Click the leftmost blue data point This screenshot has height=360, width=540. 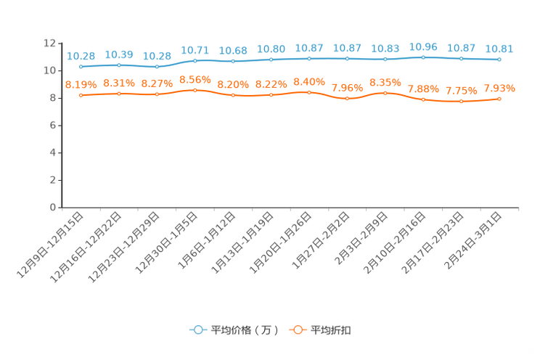[81, 66]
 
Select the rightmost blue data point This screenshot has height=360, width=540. [499, 60]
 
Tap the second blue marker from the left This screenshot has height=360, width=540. [119, 65]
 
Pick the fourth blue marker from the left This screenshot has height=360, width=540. [195, 60]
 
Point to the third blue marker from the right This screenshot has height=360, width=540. [423, 57]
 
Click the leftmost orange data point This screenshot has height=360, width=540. [81, 95]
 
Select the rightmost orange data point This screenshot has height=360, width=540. [499, 99]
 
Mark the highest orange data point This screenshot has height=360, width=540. [195, 90]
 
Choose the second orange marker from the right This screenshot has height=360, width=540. [461, 102]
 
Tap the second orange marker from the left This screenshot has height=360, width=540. [119, 94]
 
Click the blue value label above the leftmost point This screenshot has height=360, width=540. [81, 55]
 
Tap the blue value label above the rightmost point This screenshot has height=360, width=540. [499, 49]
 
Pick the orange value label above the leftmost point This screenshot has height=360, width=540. [81, 84]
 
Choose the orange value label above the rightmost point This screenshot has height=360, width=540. [499, 88]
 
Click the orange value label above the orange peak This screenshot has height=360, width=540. [195, 78]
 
